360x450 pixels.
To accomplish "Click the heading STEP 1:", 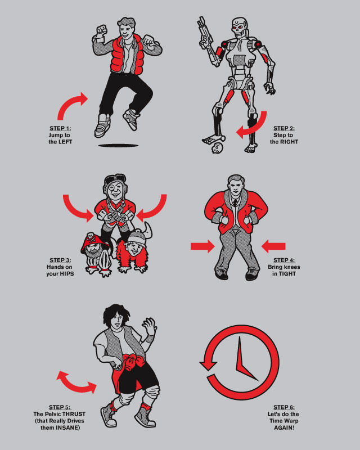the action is point(60,128).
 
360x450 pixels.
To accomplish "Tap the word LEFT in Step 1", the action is point(65,142).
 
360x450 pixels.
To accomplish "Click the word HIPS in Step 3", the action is point(66,274).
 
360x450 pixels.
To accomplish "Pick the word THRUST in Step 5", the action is point(74,414).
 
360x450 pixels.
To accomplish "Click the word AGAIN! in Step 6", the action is point(284,427).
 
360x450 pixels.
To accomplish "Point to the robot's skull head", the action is point(239,27).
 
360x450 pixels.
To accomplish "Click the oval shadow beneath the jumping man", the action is point(118,146).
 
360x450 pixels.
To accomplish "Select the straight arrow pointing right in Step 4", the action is point(202,246).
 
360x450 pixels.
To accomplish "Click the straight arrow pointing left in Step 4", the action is point(273,246).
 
